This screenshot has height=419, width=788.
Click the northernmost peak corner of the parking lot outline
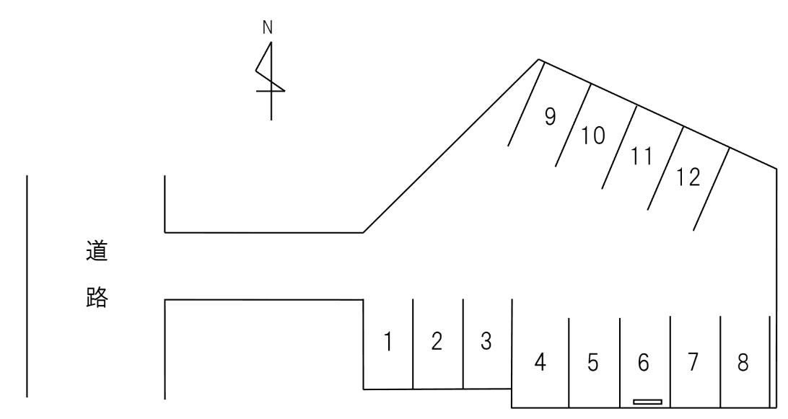(x=539, y=59)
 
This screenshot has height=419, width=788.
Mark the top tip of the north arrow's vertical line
(x=271, y=42)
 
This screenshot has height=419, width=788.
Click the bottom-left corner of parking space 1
(x=364, y=389)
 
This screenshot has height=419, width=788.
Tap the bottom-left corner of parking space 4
(x=512, y=407)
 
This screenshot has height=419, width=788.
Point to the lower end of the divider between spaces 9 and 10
(x=556, y=167)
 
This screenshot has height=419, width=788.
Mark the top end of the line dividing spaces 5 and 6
(x=620, y=318)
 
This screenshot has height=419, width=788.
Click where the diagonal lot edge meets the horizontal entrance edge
(x=363, y=233)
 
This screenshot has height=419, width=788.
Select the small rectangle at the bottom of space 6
(x=647, y=402)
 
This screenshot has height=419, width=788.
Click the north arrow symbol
(x=271, y=81)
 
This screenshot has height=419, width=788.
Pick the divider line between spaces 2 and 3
(x=463, y=344)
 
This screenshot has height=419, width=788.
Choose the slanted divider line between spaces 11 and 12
(x=665, y=168)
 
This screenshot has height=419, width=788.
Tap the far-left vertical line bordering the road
(x=27, y=286)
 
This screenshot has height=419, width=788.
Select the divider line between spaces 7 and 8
(x=720, y=362)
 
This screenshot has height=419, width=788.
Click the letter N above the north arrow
(x=267, y=28)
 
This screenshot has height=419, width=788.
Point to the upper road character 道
(x=97, y=251)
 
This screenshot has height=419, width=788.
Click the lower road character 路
(x=97, y=297)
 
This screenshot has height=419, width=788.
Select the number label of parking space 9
(x=551, y=117)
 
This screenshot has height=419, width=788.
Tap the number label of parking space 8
(x=743, y=362)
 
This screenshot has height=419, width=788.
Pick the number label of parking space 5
(x=593, y=362)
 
